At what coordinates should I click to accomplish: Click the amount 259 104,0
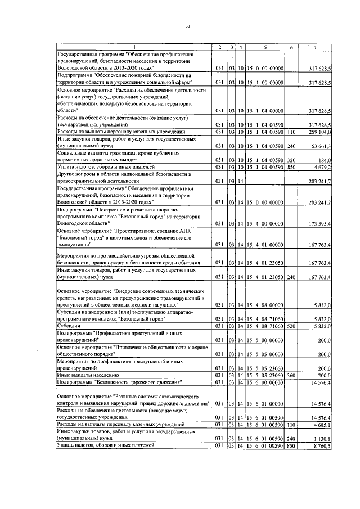[x=319, y=131]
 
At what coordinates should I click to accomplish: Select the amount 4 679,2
[x=322, y=167]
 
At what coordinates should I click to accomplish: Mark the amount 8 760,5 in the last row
[x=322, y=445]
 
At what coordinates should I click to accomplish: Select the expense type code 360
[x=291, y=374]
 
